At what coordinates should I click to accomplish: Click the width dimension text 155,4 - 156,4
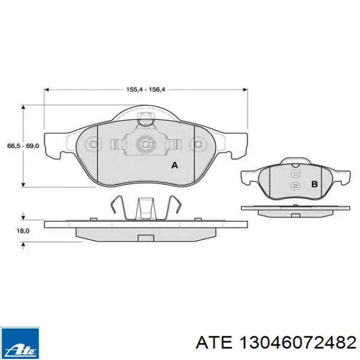pyautogui.click(x=146, y=89)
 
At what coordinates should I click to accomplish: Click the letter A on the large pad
pyautogui.click(x=174, y=165)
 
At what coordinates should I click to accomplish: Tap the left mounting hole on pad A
pyautogui.click(x=93, y=145)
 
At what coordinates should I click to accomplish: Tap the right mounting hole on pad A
pyautogui.click(x=198, y=145)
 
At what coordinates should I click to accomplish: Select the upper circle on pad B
pyautogui.click(x=295, y=173)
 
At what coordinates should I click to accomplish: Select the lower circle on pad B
pyautogui.click(x=295, y=186)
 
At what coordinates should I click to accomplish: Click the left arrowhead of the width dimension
pyautogui.click(x=47, y=89)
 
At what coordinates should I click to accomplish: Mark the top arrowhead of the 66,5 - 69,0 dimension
pyautogui.click(x=23, y=106)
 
